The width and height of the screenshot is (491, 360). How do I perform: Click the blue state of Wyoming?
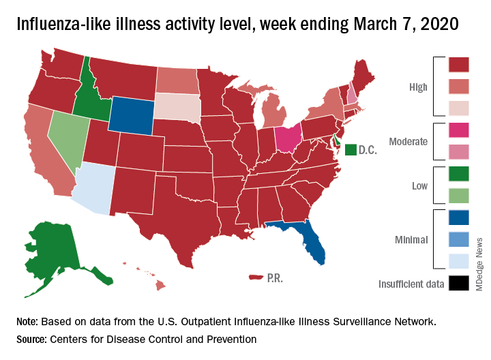pos(136,115)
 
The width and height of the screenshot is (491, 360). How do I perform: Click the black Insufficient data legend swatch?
pos(458,283)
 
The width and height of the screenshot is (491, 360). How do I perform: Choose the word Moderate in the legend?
pos(408,142)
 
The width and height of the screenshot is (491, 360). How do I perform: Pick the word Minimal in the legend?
pos(411,239)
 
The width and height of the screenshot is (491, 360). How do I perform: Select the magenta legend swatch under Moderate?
pos(458,130)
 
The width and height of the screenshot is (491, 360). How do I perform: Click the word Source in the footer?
pos(35,339)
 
